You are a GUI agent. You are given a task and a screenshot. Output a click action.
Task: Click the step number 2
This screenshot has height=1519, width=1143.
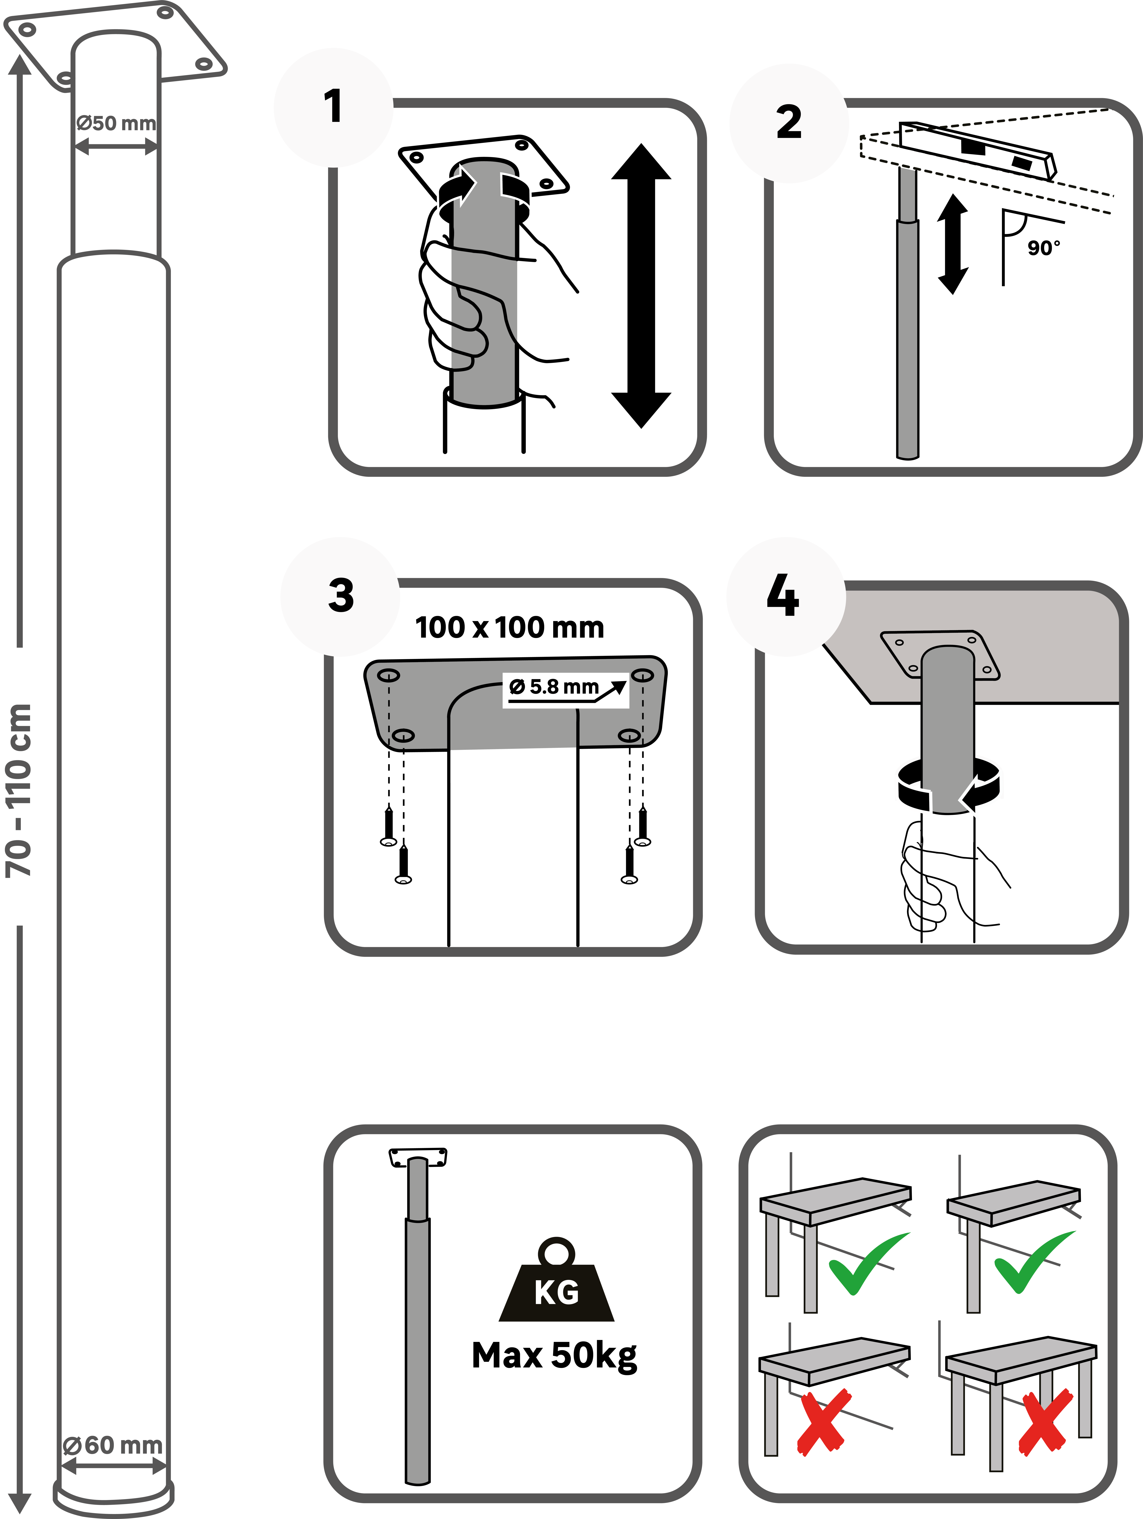click(789, 122)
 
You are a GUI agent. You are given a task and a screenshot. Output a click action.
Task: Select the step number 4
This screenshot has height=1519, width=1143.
click(783, 596)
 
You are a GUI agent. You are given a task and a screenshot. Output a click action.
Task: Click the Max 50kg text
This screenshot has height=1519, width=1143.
click(554, 1356)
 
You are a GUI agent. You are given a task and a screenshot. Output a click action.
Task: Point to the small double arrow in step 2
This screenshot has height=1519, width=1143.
click(953, 244)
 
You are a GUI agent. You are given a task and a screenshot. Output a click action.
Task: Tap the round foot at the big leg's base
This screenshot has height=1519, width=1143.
click(113, 1497)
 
